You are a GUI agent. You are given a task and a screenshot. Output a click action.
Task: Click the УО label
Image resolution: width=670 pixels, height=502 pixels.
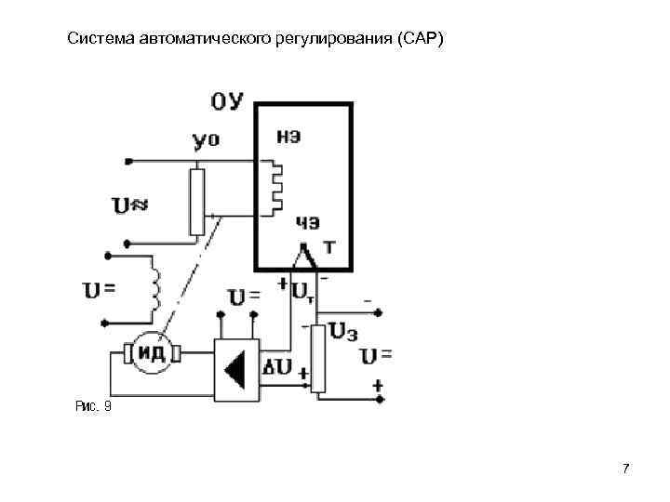[206, 141]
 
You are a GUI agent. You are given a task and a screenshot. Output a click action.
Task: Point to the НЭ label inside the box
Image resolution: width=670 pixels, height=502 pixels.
[289, 136]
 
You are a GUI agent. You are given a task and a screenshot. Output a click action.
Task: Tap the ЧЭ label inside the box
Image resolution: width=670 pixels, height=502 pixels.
[308, 221]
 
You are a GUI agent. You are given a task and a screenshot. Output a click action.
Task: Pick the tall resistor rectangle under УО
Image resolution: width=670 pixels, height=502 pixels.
[196, 202]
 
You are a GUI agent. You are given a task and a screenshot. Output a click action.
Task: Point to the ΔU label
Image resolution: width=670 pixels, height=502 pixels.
[278, 368]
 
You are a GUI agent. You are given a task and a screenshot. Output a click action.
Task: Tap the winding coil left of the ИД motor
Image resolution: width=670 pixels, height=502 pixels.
[155, 286]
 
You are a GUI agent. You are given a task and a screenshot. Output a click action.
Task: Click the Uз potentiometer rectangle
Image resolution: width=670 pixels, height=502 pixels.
[317, 359]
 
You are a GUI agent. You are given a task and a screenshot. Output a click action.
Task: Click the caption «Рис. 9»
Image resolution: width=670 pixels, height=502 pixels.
[92, 405]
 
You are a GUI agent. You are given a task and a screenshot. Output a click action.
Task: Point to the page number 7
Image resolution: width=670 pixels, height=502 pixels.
[626, 468]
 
